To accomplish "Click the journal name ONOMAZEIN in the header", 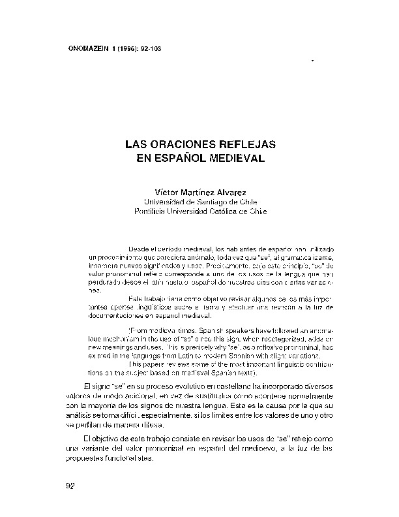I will click(89, 47).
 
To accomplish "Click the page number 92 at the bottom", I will click(72, 486).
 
